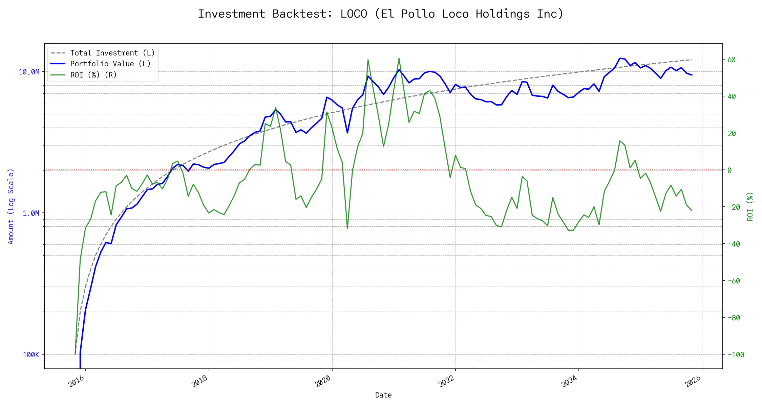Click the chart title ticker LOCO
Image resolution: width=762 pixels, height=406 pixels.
354,14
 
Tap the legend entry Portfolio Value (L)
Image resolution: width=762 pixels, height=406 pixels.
110,64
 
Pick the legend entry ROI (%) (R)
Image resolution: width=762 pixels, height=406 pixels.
93,75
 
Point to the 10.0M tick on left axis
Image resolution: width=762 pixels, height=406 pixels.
29,72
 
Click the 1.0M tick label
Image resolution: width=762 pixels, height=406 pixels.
31,213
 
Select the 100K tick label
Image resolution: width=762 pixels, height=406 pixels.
31,355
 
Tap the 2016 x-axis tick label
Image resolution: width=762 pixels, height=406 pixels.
76,382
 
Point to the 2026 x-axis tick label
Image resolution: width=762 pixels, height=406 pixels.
693,382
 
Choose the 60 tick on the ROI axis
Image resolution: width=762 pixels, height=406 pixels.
732,60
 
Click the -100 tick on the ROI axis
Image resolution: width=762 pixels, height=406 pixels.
736,355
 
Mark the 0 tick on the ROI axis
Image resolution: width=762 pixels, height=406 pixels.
729,170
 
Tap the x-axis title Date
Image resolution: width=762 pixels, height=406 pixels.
383,395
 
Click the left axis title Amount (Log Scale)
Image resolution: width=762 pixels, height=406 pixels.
11,206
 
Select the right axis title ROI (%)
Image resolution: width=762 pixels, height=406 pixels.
750,206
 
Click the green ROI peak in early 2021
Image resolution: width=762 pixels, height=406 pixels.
399,58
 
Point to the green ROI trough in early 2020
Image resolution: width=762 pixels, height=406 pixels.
347,228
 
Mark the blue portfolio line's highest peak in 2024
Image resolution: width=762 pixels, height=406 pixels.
620,58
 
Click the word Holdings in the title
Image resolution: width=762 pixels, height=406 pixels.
503,14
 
